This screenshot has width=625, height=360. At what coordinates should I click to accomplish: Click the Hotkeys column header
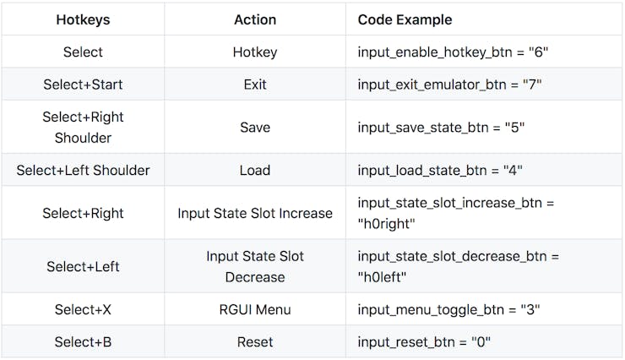click(83, 19)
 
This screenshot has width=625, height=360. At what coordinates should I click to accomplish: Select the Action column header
click(255, 19)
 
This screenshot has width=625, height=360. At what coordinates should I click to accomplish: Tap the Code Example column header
click(405, 19)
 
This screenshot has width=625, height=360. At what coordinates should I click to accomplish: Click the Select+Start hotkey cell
click(83, 85)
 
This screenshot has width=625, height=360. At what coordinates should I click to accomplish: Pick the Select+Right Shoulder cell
click(83, 127)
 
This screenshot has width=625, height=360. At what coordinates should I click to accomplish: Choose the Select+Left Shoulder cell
click(83, 170)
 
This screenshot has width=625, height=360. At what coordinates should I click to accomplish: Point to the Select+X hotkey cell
click(83, 309)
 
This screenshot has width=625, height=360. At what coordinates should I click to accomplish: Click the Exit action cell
click(255, 85)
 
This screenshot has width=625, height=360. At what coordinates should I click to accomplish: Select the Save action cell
click(255, 127)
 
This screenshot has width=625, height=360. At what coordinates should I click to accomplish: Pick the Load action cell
click(255, 170)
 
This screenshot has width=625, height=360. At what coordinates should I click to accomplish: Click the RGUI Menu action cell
click(255, 309)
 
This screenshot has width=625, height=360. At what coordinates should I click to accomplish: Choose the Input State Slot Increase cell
click(255, 213)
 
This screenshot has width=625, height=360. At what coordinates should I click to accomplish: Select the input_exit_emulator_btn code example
click(449, 85)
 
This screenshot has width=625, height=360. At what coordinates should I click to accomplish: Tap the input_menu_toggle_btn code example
click(449, 309)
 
